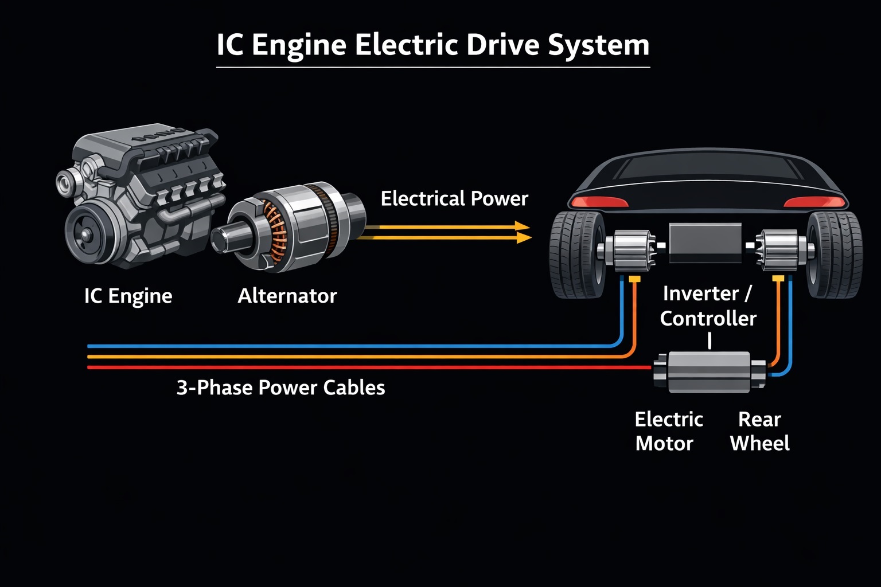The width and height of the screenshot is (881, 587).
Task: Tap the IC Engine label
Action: [128, 296]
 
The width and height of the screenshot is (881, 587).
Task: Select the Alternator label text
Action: [287, 296]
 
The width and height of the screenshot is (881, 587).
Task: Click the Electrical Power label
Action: [454, 198]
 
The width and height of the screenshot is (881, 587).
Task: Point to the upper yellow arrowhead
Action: [523, 226]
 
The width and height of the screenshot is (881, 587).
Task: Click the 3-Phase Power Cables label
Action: [280, 388]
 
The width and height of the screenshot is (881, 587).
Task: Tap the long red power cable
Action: [369, 367]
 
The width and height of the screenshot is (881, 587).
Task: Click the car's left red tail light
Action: [599, 202]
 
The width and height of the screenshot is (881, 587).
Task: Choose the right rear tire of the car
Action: [834, 255]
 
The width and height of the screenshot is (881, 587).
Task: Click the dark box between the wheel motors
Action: [705, 242]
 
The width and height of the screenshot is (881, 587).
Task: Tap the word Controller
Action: [708, 319]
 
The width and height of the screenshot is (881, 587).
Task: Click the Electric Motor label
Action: [669, 431]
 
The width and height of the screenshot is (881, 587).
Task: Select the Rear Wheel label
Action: [759, 431]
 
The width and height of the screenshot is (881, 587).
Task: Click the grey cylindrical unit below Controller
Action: [709, 371]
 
